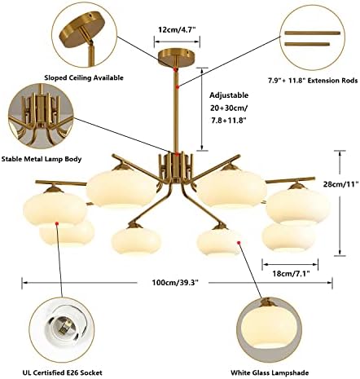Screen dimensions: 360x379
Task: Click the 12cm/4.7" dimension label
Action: [x=178, y=29]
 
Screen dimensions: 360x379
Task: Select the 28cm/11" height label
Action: [x=340, y=184]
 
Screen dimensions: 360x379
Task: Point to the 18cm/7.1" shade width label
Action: [x=292, y=273]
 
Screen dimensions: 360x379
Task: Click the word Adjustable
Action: [x=229, y=95]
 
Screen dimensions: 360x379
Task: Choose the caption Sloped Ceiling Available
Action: [x=84, y=77]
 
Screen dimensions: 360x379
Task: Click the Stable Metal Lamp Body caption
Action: [x=42, y=159]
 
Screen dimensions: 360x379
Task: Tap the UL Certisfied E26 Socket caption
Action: [x=63, y=372]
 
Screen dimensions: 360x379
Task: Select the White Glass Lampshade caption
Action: [x=270, y=372]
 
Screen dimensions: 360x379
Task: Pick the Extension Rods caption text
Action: [x=313, y=81]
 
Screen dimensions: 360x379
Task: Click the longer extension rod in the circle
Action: [x=312, y=33]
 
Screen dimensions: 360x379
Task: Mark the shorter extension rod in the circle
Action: [x=307, y=44]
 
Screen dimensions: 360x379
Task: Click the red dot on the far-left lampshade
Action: [x=57, y=223]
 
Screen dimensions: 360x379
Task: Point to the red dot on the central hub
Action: [x=177, y=155]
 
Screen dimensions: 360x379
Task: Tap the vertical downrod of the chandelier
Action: [x=177, y=108]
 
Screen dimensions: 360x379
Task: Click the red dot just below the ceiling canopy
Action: [x=176, y=69]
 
